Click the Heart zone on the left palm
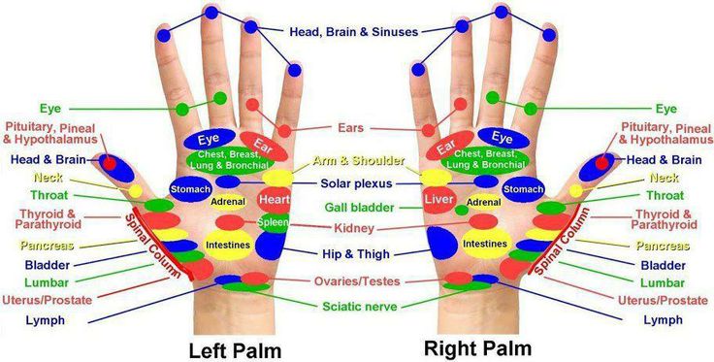click(275, 200)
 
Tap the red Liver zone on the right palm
click(438, 200)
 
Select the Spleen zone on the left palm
click(274, 222)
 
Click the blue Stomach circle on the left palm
click(190, 189)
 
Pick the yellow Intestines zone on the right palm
click(484, 244)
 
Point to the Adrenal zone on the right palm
click(483, 202)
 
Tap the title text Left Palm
click(235, 350)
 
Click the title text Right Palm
click(477, 348)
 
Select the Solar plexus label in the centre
click(356, 183)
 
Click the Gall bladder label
click(359, 208)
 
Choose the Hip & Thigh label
click(356, 253)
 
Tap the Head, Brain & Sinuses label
click(354, 32)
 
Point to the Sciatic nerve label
click(360, 307)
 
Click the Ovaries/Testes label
click(357, 281)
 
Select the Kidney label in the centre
click(354, 228)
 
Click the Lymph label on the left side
click(45, 320)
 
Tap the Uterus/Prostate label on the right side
click(663, 300)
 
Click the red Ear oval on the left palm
click(264, 146)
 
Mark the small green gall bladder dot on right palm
click(461, 210)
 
